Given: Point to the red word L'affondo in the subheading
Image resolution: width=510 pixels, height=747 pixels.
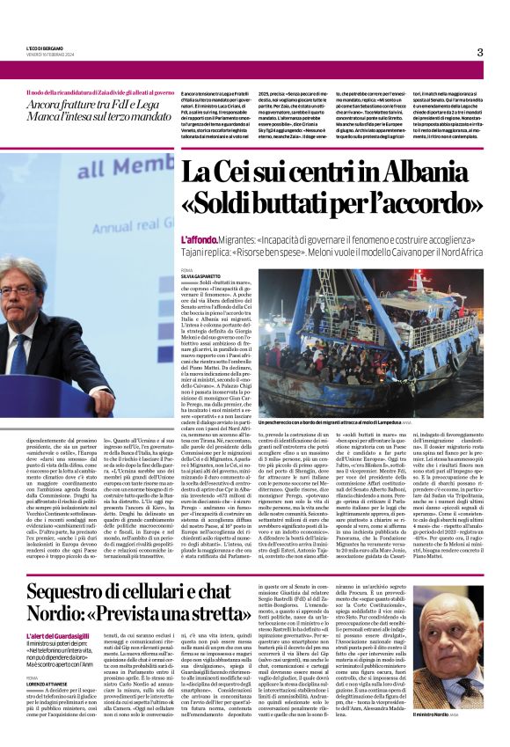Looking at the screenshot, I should [197, 239].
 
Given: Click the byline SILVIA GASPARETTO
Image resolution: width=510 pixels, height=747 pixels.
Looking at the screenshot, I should [200, 275].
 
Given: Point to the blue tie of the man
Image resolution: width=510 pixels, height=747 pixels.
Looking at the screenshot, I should [19, 353].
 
